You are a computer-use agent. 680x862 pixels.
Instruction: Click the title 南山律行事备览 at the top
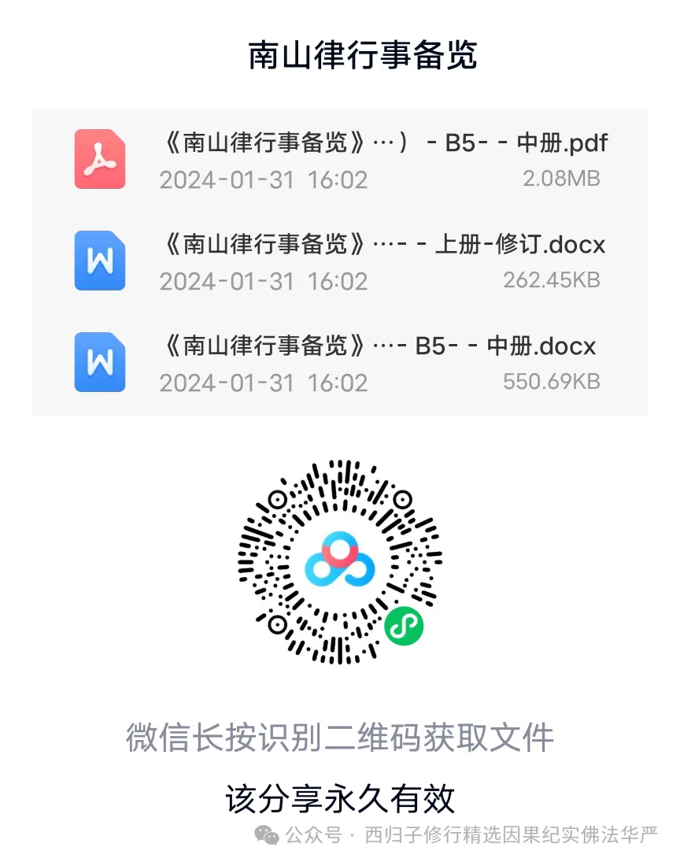pos(363,56)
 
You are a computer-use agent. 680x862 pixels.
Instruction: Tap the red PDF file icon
pos(100,159)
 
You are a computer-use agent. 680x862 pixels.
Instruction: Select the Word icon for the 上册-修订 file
pos(100,261)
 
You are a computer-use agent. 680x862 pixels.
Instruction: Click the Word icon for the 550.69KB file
pos(100,361)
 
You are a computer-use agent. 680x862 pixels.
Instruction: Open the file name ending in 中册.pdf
pos(384,142)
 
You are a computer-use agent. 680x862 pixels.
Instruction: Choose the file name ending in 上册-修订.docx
pos(383,244)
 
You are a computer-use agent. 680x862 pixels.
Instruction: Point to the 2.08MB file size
pos(561,179)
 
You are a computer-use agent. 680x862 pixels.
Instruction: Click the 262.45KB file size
pos(551,279)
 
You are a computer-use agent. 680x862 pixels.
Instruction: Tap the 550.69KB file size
pos(551,381)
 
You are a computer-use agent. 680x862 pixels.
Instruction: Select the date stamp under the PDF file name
pos(263,179)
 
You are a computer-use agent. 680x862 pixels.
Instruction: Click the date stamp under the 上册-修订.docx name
pos(263,281)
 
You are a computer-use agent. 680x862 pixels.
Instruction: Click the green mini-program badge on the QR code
pos(404,626)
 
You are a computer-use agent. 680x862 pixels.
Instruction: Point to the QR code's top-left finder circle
pos(277,500)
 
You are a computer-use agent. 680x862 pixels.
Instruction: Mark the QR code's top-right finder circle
pos(402,500)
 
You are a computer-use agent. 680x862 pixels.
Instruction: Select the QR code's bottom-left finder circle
pos(277,625)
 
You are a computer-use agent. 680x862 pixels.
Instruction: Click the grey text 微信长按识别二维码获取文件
pos(340,738)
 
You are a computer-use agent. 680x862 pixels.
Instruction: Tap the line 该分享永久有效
pos(340,798)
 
